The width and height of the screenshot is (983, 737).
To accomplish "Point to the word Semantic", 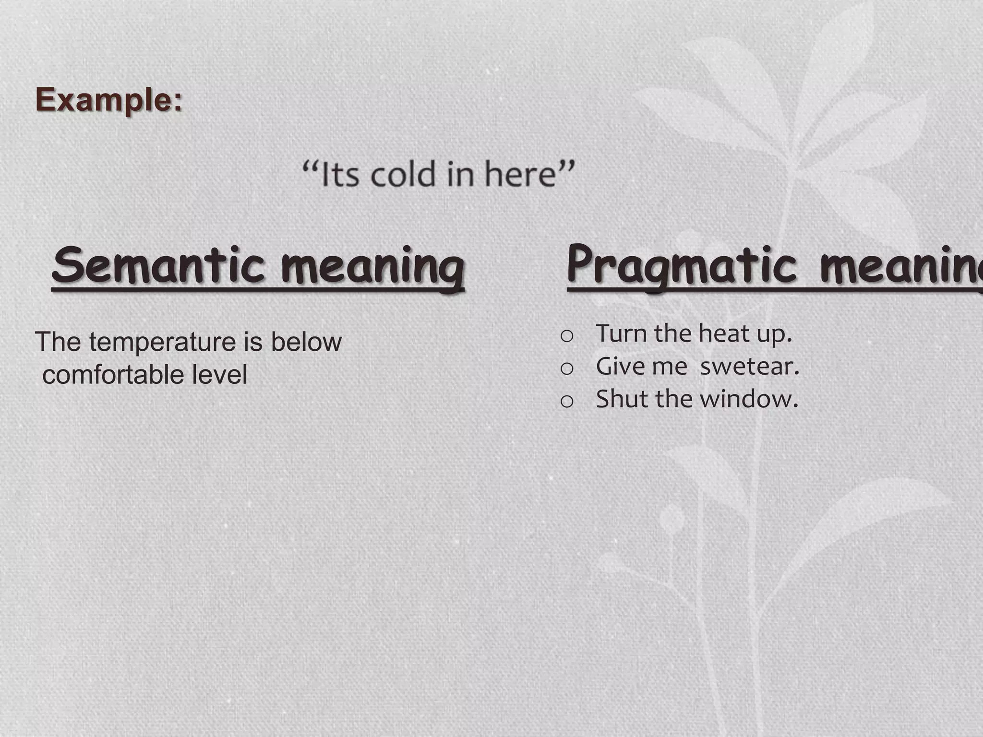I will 158,265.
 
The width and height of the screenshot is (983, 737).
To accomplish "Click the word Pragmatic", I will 682,265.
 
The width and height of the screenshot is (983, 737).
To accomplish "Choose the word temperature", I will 162,342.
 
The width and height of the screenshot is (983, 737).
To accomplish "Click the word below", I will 306,342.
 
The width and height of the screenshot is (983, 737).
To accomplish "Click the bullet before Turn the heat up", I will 567,336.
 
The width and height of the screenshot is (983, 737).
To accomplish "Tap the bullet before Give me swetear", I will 567,368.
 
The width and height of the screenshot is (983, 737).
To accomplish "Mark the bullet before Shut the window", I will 567,401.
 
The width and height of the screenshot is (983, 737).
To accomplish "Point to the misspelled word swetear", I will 749,367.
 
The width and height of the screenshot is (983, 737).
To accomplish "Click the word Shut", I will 622,399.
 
